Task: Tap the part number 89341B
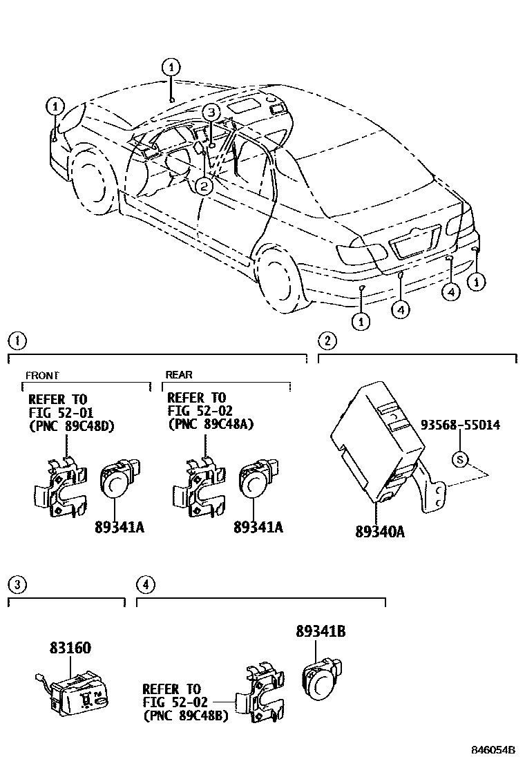pos(321,631)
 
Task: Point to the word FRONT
pos(42,375)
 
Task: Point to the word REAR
pos(179,375)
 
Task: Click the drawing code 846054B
pos(493,750)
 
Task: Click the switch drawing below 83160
pos(73,691)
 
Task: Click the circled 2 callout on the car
pos(202,184)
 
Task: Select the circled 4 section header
pos(144,584)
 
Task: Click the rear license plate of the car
pos(413,245)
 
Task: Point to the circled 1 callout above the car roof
pos(171,67)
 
